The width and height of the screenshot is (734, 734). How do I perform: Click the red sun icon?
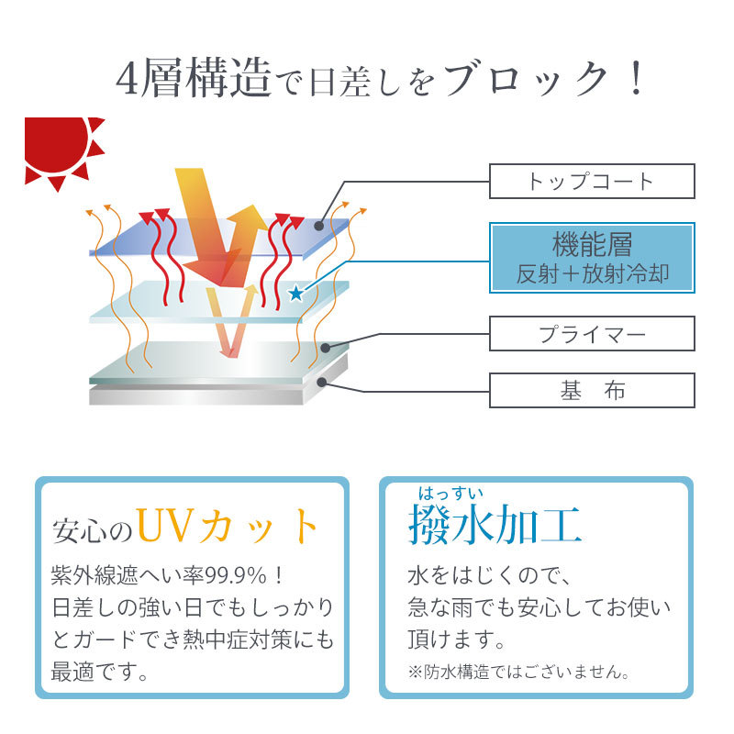[x=59, y=148]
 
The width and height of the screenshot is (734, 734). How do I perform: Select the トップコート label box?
[x=592, y=181]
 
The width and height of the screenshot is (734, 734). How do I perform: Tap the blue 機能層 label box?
[x=592, y=258]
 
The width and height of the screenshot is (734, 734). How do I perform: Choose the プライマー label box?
[x=592, y=334]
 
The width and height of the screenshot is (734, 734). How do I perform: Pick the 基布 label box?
[x=592, y=391]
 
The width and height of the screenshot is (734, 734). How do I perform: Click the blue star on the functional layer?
[x=295, y=294]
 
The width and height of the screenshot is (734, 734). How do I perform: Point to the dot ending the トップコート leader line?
[x=318, y=226]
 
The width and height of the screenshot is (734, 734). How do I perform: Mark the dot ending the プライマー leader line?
[x=326, y=348]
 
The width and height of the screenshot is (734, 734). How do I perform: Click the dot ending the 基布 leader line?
[x=322, y=383]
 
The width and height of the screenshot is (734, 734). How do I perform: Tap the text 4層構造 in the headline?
[x=194, y=78]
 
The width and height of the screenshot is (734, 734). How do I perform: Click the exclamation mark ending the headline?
[x=636, y=78]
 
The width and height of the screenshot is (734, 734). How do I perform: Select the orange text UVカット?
[x=228, y=527]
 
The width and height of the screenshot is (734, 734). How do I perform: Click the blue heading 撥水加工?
[x=495, y=525]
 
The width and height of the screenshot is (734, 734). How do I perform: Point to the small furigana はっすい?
[x=450, y=494]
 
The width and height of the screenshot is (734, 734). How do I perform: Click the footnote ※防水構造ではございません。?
[x=518, y=673]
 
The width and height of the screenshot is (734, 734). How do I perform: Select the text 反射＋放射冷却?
[x=592, y=273]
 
